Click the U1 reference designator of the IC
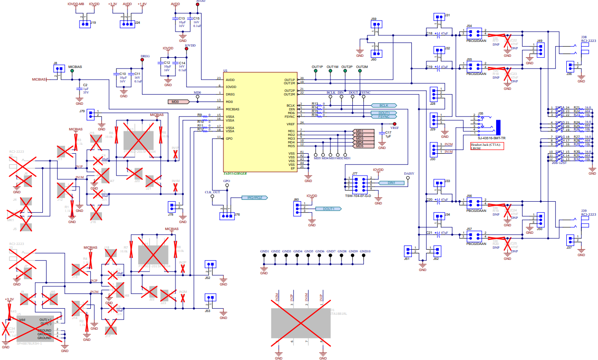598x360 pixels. [225, 71]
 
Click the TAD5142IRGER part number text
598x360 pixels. [235, 173]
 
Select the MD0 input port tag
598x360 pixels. [178, 102]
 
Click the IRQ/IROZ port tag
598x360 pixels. [252, 197]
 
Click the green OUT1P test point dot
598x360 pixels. [317, 72]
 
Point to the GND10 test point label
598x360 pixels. [365, 251]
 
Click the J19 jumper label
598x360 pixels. [93, 22]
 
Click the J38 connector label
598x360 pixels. [584, 37]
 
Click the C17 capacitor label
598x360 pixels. [388, 132]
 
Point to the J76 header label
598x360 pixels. [237, 215]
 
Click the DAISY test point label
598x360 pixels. [409, 173]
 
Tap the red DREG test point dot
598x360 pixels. [142, 60]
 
